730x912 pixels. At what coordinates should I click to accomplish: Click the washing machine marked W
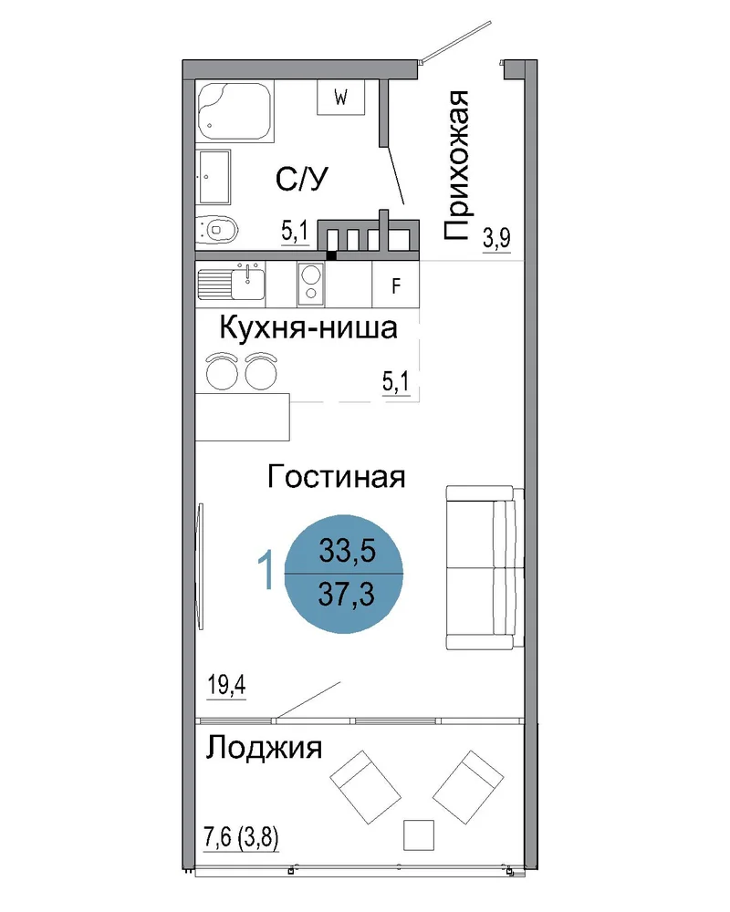pos(340,97)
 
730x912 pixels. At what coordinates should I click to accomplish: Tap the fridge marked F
pos(395,285)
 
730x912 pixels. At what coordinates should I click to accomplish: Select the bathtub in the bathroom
pos(235,110)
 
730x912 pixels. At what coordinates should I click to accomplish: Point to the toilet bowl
pos(216,230)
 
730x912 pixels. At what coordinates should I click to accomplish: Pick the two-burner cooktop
pos(311,284)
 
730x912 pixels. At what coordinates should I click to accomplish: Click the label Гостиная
pos(336,477)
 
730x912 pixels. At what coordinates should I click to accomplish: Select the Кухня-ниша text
pos(308,328)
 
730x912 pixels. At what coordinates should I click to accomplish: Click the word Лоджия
pos(264,748)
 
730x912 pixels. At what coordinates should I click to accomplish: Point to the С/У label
pos(301,179)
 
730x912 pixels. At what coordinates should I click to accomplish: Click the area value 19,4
pos(226,685)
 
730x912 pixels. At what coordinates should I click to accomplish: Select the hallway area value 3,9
pos(496,238)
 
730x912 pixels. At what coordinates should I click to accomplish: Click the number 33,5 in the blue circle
pos(347,550)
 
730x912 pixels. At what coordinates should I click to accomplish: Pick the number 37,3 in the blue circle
pos(347,595)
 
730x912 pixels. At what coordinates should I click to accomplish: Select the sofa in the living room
pos(485,567)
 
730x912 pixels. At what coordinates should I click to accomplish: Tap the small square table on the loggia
pos(419,835)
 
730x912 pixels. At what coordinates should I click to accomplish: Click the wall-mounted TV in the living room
pos(200,566)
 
